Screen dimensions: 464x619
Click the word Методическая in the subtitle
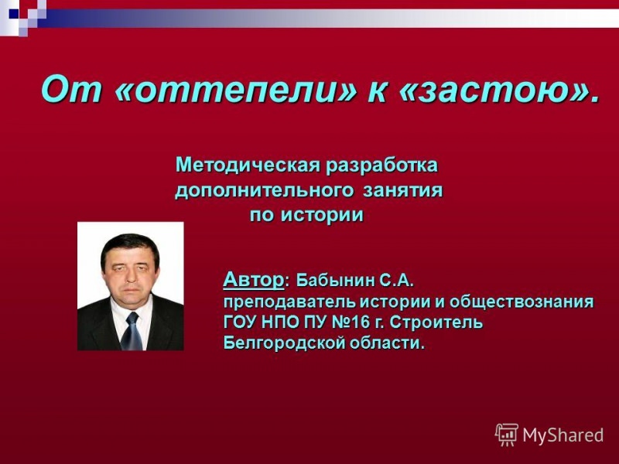[x=246, y=165]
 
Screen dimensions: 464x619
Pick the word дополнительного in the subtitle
[x=265, y=190]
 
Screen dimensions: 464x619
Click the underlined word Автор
[x=253, y=278]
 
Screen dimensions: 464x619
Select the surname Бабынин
[x=335, y=279]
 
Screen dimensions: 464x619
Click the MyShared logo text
[x=563, y=435]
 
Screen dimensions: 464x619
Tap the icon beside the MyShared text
[x=507, y=435]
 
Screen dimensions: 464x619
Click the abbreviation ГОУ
[x=241, y=322]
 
